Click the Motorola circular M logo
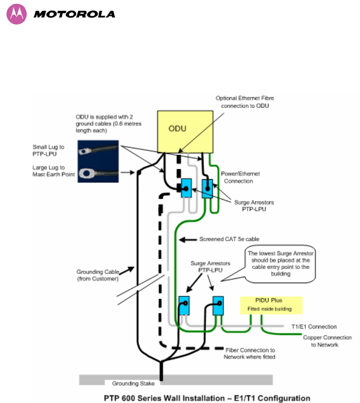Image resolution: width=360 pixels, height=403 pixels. (17, 14)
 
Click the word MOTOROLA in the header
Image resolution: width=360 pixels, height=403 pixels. (74, 14)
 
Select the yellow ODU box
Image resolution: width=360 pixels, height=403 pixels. (185, 132)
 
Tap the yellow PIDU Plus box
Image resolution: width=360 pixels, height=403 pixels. (271, 305)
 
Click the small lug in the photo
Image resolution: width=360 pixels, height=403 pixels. (83, 152)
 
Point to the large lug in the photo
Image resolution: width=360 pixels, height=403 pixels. (86, 173)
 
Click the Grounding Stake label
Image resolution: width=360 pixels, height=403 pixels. (133, 384)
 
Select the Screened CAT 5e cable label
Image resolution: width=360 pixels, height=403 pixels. (229, 239)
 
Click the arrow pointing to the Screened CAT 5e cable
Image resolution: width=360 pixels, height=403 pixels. (188, 240)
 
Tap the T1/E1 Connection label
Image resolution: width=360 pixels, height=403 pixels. (314, 326)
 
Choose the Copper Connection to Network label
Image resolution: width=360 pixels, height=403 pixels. (327, 341)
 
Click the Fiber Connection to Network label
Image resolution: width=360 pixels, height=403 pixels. (249, 353)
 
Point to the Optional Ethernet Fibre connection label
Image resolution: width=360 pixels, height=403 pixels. (245, 102)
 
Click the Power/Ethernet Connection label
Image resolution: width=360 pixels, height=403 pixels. (240, 177)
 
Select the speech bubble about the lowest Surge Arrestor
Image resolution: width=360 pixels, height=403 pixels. (280, 264)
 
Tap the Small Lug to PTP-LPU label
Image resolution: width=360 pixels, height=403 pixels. (48, 150)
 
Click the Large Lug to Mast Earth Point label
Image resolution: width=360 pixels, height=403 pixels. (54, 171)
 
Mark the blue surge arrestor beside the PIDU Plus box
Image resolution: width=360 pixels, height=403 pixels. (218, 306)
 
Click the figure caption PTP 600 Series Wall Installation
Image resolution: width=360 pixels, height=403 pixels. (207, 398)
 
